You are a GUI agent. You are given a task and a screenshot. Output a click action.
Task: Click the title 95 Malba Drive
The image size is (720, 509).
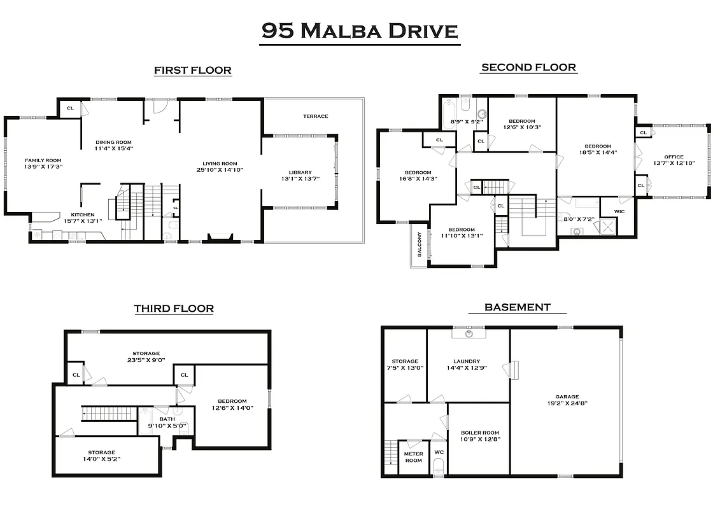tap(360, 31)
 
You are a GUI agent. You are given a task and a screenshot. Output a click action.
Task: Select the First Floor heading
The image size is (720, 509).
tap(192, 70)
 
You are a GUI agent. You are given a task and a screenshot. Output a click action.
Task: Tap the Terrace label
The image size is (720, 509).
tap(315, 116)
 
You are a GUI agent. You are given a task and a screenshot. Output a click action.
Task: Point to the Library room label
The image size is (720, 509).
tap(300, 172)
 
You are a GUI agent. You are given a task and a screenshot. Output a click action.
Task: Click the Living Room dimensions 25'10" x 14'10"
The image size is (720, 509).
tap(220, 170)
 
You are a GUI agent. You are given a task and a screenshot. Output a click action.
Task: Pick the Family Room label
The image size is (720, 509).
tap(43, 160)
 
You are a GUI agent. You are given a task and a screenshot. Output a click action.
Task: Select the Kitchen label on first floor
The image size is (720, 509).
tap(82, 214)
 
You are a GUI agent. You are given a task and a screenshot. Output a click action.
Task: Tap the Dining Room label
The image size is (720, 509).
tap(114, 142)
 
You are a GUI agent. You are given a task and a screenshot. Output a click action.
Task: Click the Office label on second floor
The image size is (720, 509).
tap(674, 157)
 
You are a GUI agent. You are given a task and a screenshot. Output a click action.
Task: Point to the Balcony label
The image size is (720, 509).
tap(419, 244)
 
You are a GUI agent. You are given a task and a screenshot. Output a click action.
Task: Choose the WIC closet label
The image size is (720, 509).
tap(619, 211)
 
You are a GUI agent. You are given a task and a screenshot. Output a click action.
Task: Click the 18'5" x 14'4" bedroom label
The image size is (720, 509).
tap(598, 146)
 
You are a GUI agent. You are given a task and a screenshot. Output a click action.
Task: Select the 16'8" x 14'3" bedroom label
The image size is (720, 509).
tap(418, 172)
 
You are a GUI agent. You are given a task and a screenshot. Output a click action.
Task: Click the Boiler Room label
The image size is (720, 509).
tap(480, 433)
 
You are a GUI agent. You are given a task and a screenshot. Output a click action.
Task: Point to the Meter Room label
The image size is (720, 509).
tap(414, 456)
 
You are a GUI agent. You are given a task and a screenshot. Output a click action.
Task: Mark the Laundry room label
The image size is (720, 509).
tap(467, 361)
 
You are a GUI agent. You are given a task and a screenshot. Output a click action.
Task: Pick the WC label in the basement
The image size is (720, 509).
tap(439, 452)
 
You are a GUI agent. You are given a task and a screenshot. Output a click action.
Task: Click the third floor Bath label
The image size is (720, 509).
tap(167, 419)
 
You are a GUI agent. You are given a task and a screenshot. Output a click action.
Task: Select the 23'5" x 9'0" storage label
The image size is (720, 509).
tap(146, 353)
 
